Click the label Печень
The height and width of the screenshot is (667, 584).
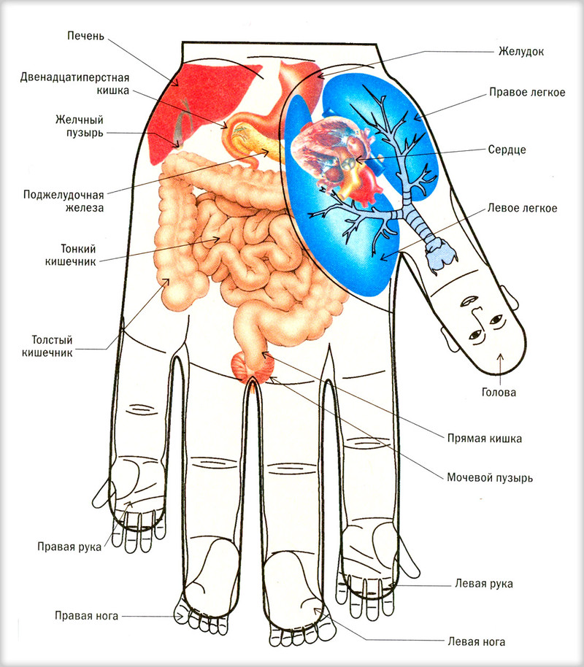(x=86, y=36)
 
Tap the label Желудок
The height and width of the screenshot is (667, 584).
(x=521, y=52)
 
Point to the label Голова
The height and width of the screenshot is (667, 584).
(x=499, y=392)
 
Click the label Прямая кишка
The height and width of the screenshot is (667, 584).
(x=485, y=439)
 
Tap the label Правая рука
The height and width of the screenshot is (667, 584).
(x=68, y=546)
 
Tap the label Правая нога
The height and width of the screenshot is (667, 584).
(x=86, y=615)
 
